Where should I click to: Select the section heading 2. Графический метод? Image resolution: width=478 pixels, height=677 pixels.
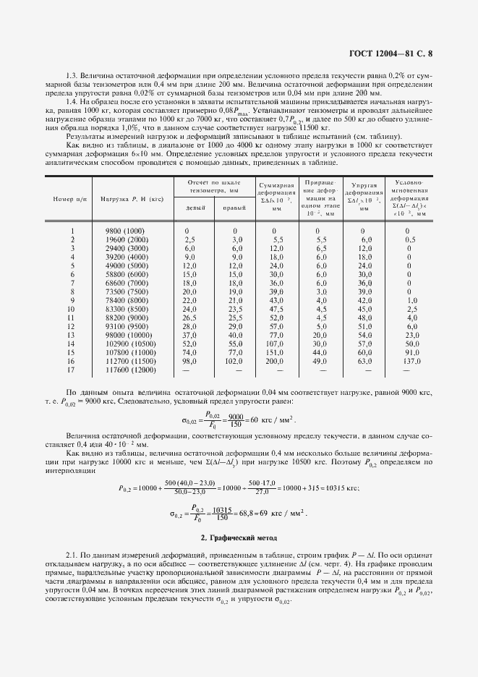[x=239, y=539]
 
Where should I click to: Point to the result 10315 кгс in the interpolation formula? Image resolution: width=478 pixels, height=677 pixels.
[x=335, y=487]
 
